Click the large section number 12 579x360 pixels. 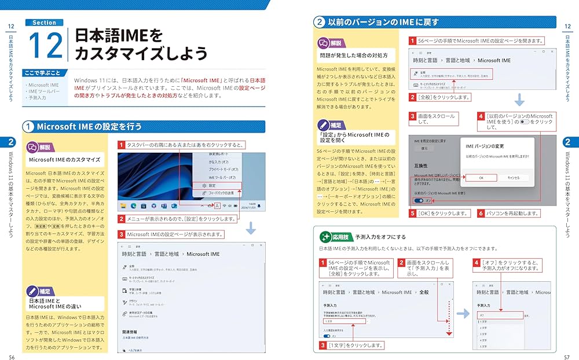click(45, 45)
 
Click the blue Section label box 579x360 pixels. click(44, 23)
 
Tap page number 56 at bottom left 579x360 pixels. click(12, 353)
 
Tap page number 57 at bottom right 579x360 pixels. click(567, 353)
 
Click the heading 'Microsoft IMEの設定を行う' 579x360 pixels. click(89, 126)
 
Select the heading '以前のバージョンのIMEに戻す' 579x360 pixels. click(383, 23)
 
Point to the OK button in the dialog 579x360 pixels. click(481, 178)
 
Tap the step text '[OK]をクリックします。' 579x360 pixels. click(442, 213)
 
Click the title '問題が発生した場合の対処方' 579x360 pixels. click(353, 56)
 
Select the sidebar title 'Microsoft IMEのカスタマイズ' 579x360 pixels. click(64, 160)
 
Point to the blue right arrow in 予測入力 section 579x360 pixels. click(462, 313)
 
